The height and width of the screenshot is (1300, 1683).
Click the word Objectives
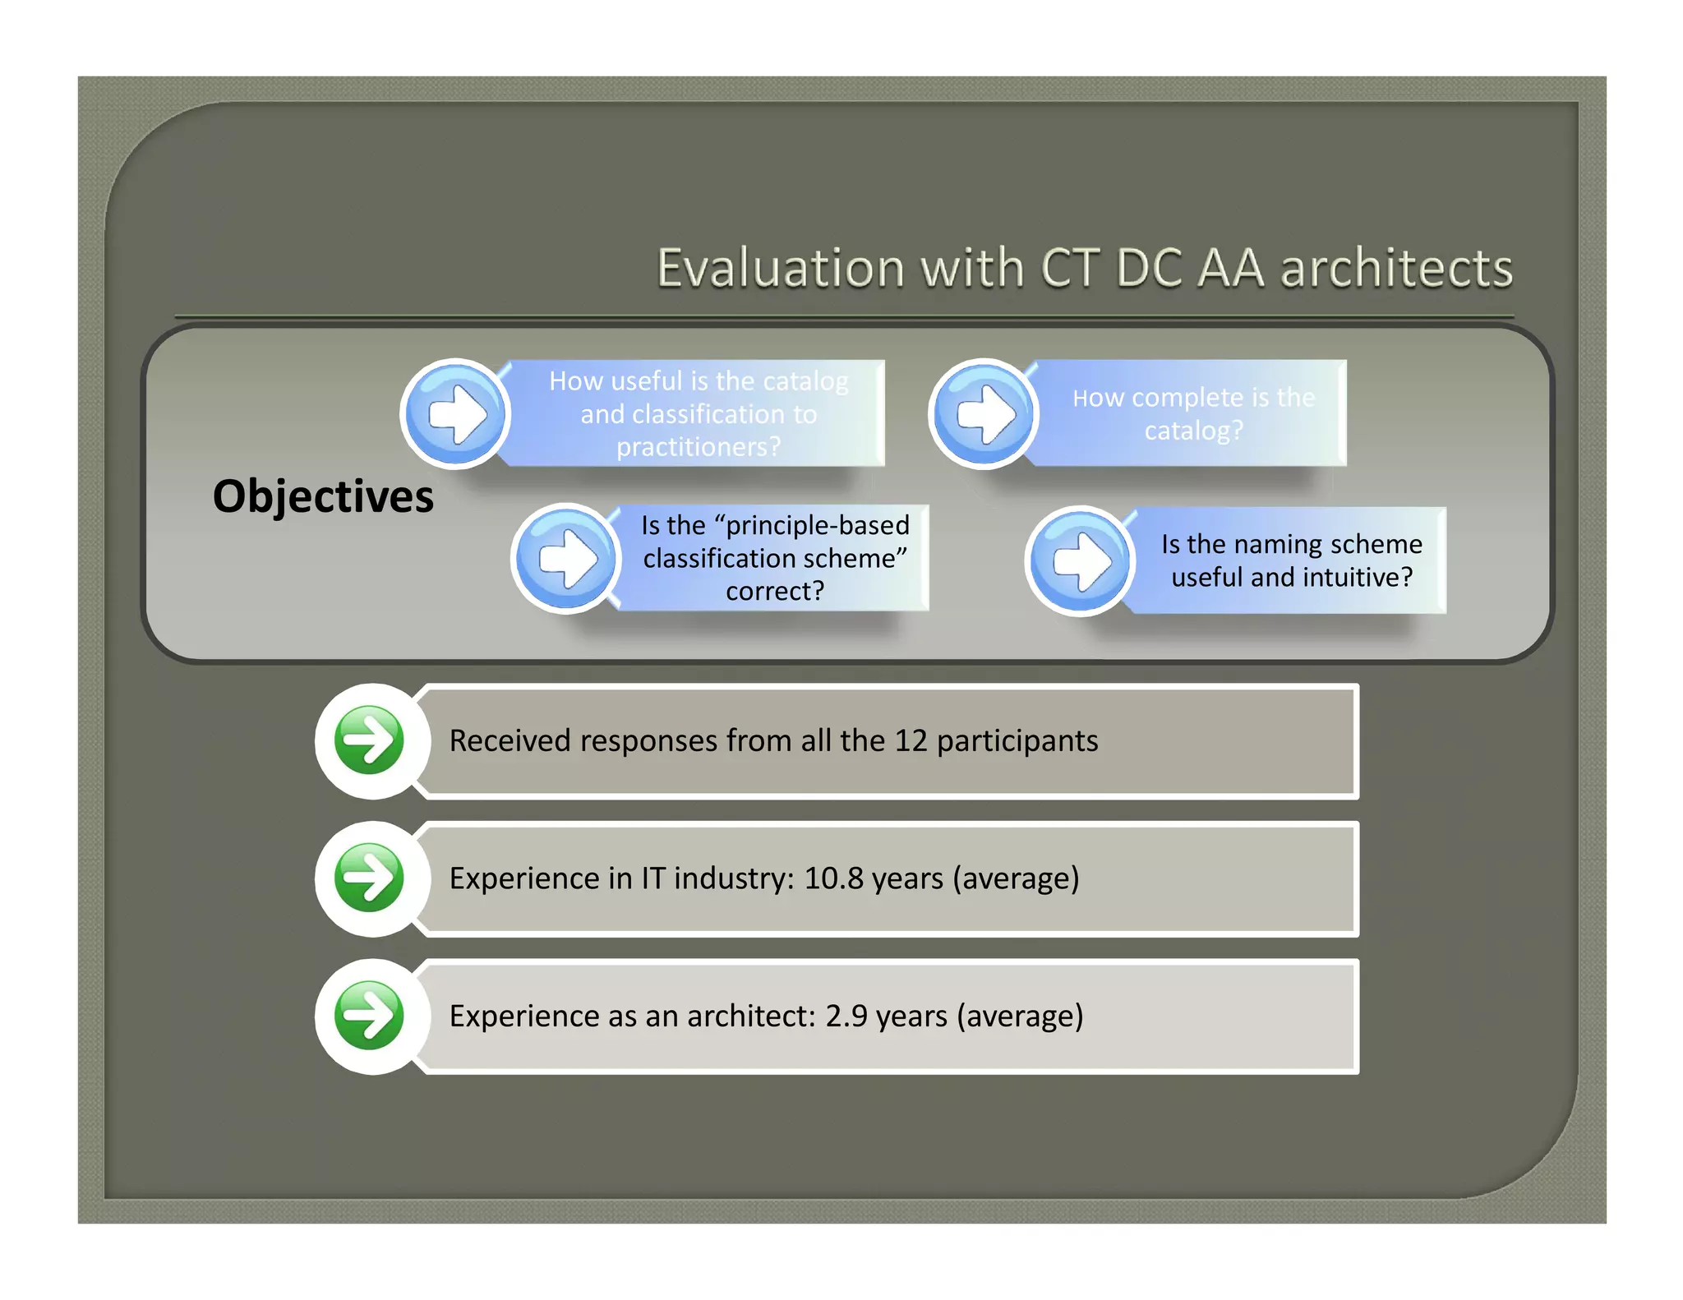[x=323, y=497]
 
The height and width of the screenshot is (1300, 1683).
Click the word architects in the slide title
[x=1396, y=269]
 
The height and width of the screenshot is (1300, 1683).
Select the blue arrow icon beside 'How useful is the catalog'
[x=457, y=413]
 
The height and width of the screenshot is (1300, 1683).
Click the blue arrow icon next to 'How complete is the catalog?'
[x=984, y=413]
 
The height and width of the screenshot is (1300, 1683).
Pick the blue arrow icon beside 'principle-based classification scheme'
[x=567, y=559]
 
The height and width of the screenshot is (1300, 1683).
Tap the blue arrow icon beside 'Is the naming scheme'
[x=1081, y=561]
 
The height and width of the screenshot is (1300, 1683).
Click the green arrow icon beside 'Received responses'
[x=370, y=740]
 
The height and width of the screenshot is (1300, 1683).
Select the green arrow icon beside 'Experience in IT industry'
[x=370, y=878]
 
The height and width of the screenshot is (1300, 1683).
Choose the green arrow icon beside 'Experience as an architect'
[x=370, y=1016]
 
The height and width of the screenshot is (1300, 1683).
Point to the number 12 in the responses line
[x=911, y=741]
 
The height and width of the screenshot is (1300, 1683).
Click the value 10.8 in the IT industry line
[x=833, y=878]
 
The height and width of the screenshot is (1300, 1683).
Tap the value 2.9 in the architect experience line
[x=846, y=1016]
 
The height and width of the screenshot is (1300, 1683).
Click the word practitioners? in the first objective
[x=699, y=447]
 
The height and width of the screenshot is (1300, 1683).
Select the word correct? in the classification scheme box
[x=774, y=591]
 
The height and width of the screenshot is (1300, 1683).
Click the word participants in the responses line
[x=1017, y=741]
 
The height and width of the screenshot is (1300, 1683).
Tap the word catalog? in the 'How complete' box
[x=1193, y=431]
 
